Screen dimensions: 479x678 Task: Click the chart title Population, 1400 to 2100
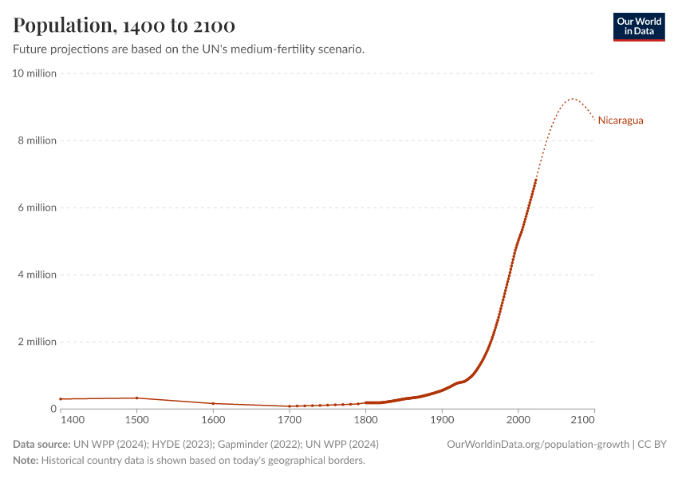pos(124,26)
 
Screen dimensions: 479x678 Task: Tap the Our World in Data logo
pos(638,26)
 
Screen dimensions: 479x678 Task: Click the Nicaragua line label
pos(621,121)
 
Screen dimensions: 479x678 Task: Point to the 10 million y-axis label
pos(34,73)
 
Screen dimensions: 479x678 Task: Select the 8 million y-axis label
pos(37,141)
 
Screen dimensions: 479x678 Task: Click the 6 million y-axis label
pos(37,208)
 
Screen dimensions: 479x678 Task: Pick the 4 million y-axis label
pos(37,275)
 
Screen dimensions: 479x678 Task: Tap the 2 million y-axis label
pos(37,342)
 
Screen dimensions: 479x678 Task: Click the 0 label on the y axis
pos(53,409)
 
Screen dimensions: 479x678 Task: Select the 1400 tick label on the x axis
pos(71,420)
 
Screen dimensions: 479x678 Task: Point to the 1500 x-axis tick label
pos(136,420)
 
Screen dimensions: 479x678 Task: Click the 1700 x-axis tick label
pos(290,420)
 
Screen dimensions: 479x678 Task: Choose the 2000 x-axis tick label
pos(518,420)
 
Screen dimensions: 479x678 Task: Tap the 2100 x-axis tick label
pos(583,420)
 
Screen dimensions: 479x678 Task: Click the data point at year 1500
pos(136,398)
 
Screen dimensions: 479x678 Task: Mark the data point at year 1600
pos(213,403)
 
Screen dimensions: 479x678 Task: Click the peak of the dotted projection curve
pos(571,99)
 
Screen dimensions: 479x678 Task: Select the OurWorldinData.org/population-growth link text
pos(538,444)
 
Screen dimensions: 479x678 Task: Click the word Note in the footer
pos(26,461)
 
